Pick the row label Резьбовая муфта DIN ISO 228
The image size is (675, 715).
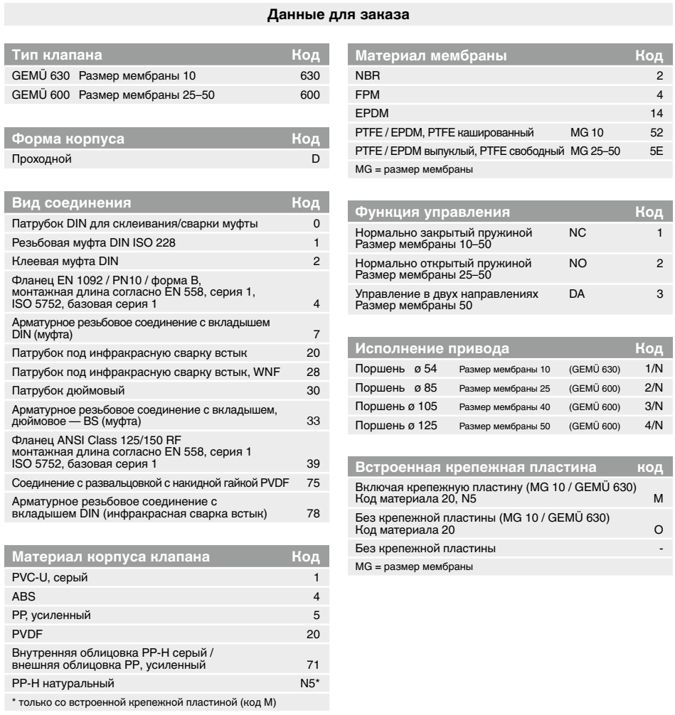84,242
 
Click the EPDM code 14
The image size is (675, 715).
656,113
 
